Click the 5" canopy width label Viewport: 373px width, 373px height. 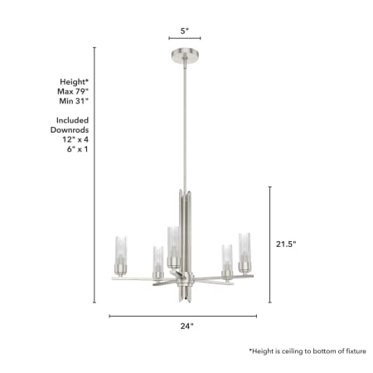[x=185, y=31]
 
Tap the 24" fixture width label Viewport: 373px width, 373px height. [x=187, y=327]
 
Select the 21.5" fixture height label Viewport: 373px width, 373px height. [x=286, y=244]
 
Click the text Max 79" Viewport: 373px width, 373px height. [x=73, y=91]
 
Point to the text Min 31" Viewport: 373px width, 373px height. [x=74, y=101]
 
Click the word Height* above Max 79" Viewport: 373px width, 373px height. [x=75, y=82]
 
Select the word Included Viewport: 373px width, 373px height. [x=72, y=120]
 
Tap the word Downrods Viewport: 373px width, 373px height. [x=70, y=130]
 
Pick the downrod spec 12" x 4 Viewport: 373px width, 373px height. [x=75, y=139]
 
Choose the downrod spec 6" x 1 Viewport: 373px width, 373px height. [x=77, y=149]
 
